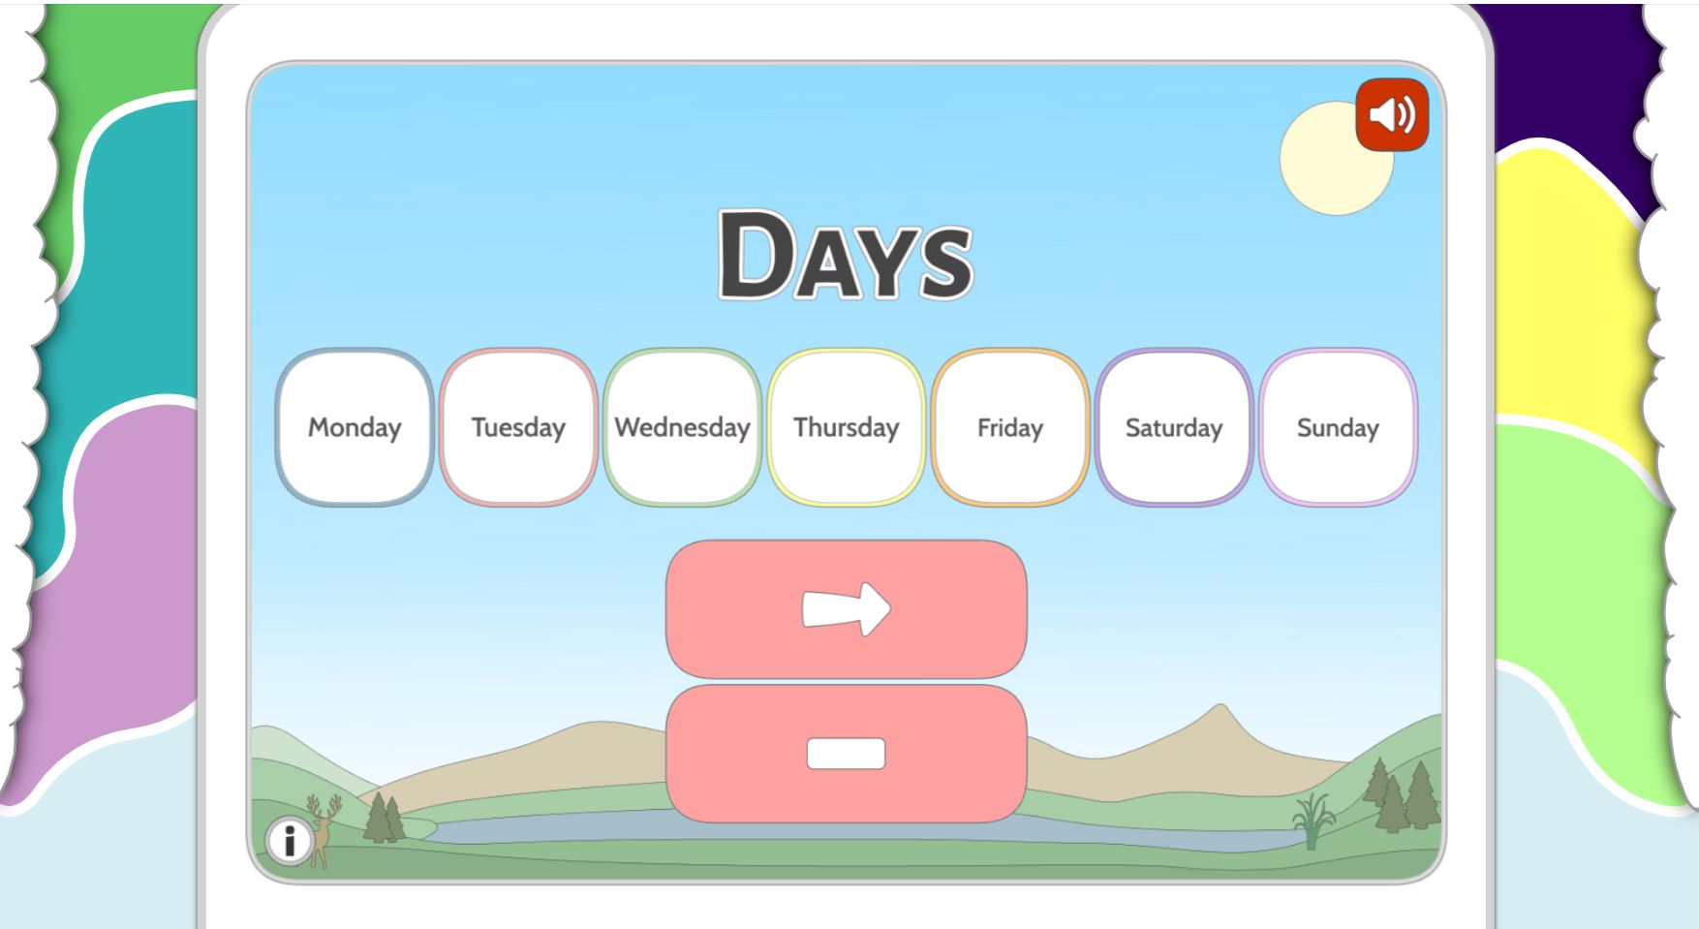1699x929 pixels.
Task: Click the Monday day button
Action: coord(355,427)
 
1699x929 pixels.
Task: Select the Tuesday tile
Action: coord(518,427)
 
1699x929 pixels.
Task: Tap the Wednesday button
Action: coord(682,427)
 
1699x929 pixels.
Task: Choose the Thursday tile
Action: coord(846,427)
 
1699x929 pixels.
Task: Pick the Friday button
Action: coord(1009,427)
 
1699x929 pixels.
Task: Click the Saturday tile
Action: coord(1173,427)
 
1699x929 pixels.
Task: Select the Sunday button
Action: coord(1337,427)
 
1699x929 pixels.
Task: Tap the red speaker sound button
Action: coord(1392,115)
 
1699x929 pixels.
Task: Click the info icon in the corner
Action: coord(288,840)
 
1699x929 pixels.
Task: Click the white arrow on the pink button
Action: coord(846,609)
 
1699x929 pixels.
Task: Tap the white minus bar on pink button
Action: coord(846,754)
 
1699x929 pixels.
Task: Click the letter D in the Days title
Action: coord(754,255)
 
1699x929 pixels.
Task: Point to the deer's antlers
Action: coord(324,805)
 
